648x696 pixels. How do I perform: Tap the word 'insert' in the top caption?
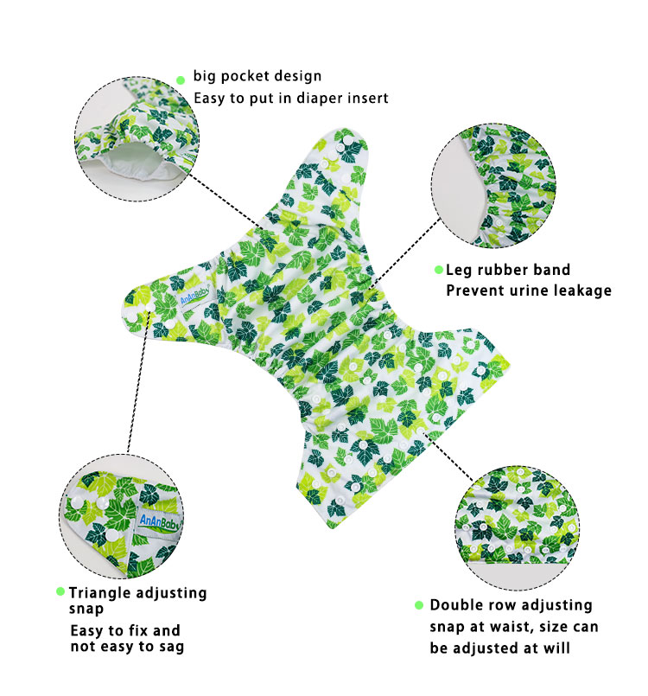click(365, 98)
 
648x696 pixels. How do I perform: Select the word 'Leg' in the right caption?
click(459, 271)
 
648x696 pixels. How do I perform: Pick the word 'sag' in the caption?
click(171, 647)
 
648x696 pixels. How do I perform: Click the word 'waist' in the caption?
click(511, 626)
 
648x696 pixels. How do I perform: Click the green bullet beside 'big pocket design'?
click(180, 80)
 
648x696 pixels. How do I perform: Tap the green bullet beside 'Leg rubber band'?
click(439, 270)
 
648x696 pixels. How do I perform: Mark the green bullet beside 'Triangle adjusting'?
click(60, 591)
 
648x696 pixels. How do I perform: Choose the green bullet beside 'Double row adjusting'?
click(419, 605)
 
